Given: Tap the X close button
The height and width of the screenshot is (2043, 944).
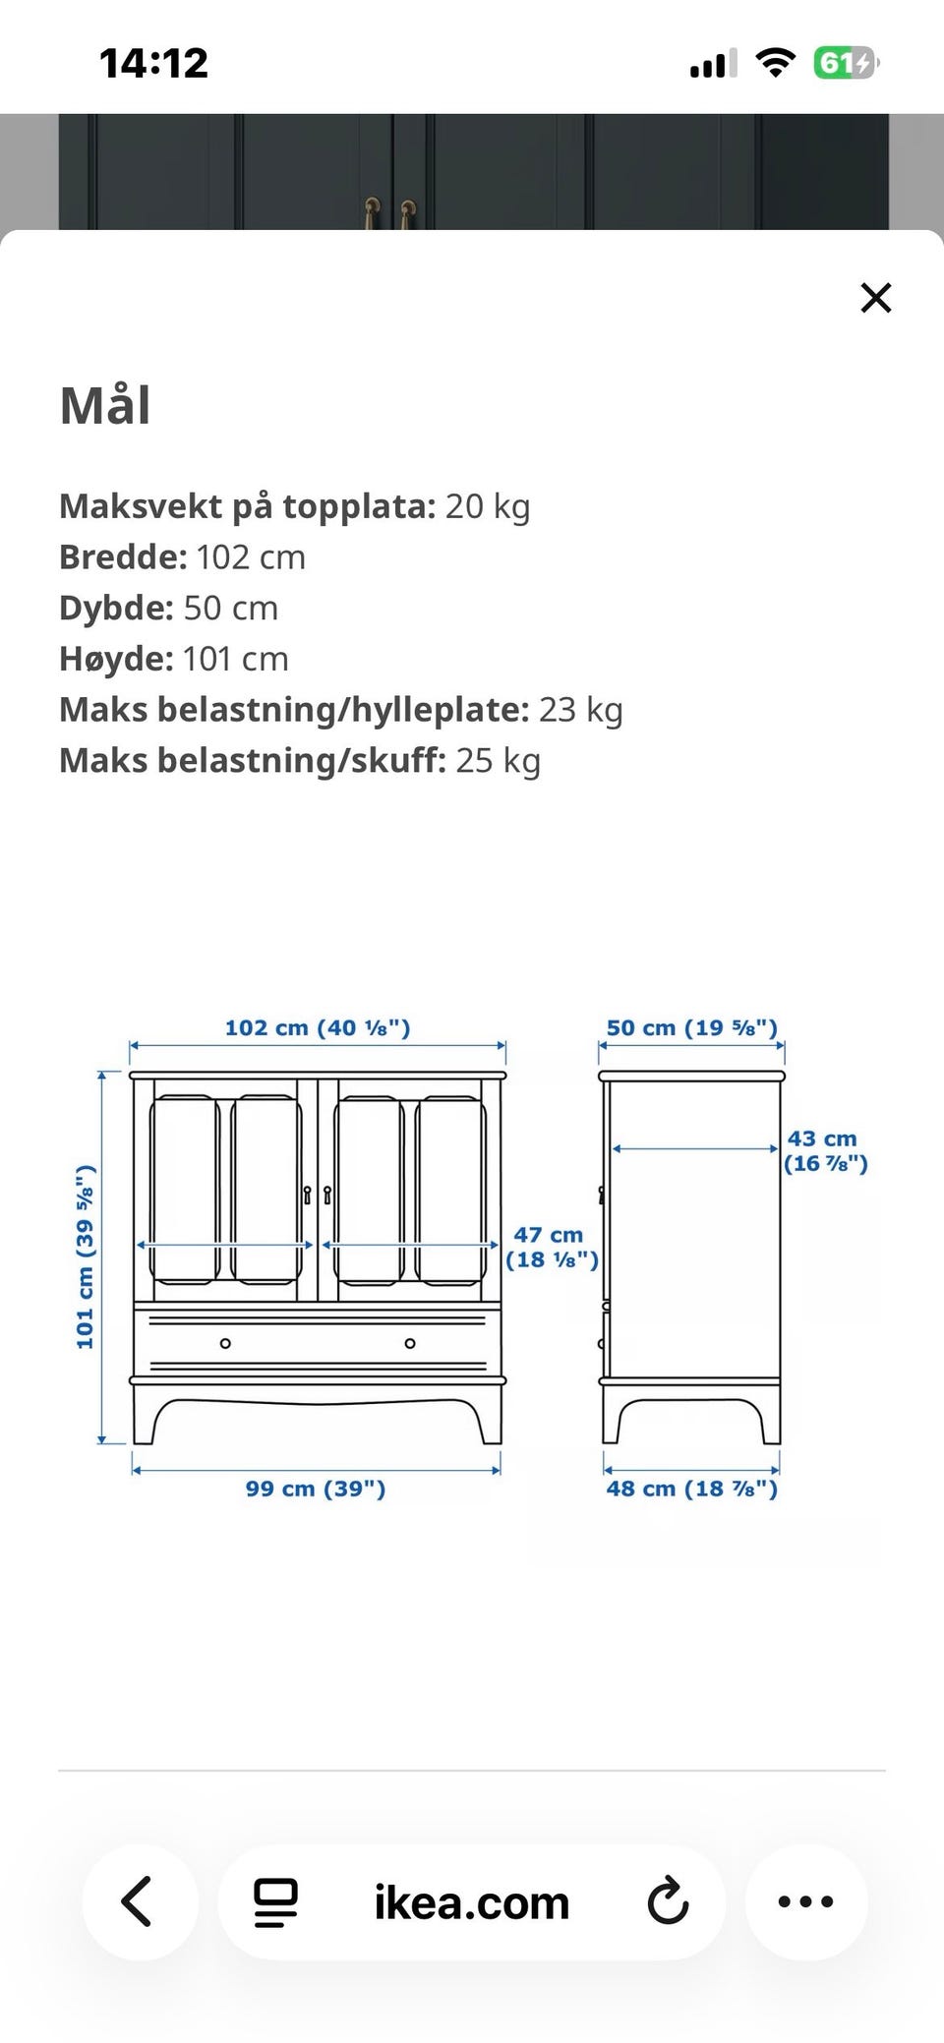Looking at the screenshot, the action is (x=875, y=297).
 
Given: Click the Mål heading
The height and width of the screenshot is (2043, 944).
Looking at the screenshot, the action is (x=105, y=404).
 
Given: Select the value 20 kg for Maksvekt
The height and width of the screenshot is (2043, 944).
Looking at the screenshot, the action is (x=488, y=506).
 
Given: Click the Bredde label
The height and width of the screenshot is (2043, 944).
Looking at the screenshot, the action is (x=123, y=557).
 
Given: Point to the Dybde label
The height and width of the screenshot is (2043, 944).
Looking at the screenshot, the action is (x=117, y=609).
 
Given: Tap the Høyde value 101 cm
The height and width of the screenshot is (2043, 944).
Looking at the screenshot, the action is (x=235, y=659).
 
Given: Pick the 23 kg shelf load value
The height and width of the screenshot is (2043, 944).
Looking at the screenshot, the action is (x=581, y=710).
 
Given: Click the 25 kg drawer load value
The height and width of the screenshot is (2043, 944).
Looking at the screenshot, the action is (x=499, y=761).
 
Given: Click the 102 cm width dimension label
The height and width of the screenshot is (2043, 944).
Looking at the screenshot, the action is (x=318, y=1027).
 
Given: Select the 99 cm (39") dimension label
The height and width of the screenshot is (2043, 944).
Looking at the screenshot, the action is (x=316, y=1488).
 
